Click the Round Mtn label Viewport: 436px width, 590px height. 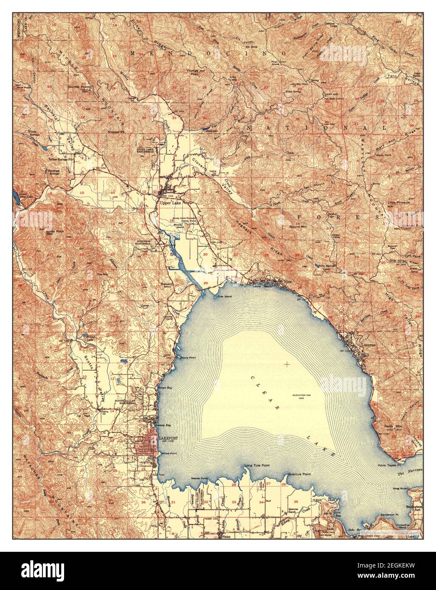[x=298, y=227]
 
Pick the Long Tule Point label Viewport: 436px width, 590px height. [x=257, y=466]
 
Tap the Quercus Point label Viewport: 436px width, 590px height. [x=299, y=474]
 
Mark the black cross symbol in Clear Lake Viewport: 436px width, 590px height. [x=287, y=364]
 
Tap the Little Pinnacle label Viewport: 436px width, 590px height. [x=398, y=202]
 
